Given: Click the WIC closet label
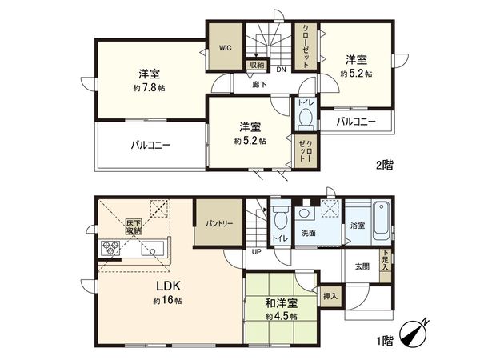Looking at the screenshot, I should click(x=226, y=46).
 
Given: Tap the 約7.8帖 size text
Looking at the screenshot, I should click(x=150, y=88).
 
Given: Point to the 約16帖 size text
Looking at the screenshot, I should click(x=168, y=301).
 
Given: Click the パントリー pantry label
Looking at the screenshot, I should click(x=218, y=224).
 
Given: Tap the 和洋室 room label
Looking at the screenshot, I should click(x=282, y=304).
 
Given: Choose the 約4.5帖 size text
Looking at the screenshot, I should click(x=282, y=318).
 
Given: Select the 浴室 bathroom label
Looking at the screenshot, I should click(x=357, y=226).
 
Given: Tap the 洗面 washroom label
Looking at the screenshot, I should click(x=307, y=233).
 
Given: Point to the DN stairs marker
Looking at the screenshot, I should click(x=281, y=68).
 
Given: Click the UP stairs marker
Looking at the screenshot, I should click(x=256, y=251).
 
